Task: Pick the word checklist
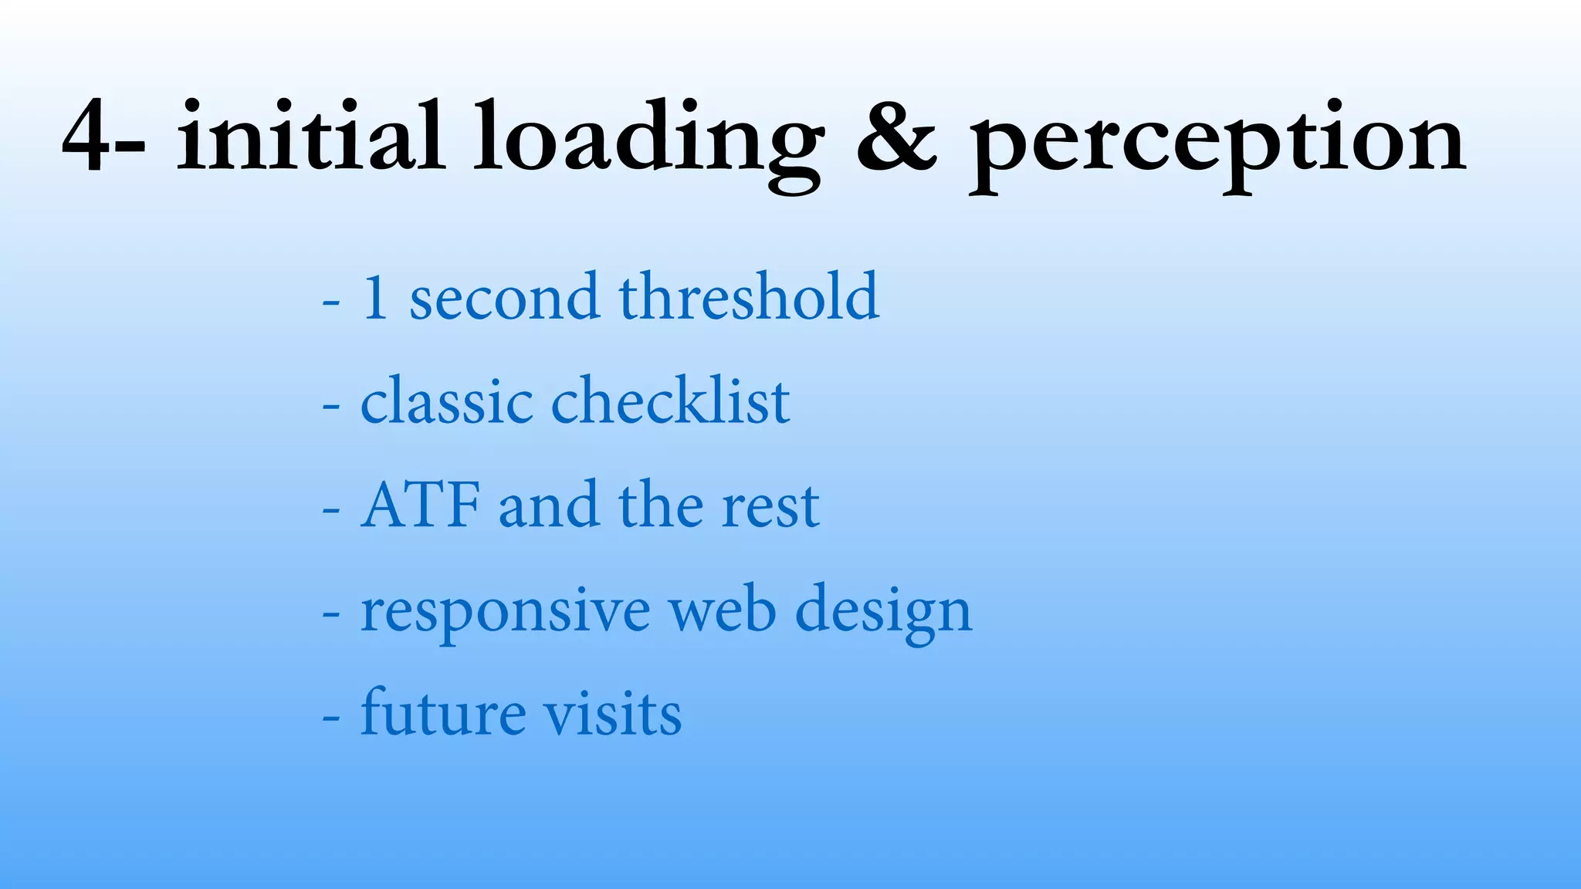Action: tap(670, 401)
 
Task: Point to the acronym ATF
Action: tap(420, 505)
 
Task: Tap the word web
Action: tap(722, 610)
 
